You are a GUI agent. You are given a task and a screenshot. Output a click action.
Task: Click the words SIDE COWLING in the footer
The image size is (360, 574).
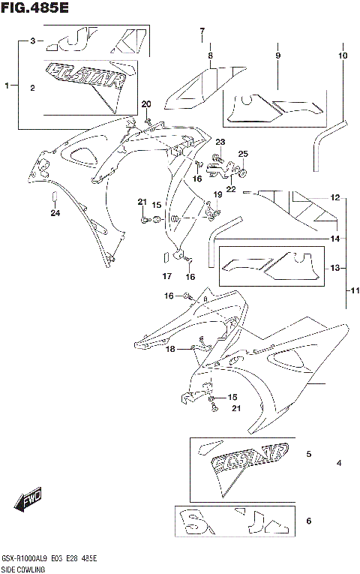click(23, 569)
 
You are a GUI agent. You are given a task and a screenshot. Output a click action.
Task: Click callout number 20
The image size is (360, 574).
click(146, 104)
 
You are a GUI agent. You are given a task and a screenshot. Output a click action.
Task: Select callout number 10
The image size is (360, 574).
click(343, 56)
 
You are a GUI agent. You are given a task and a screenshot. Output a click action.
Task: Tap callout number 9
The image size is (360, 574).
click(277, 56)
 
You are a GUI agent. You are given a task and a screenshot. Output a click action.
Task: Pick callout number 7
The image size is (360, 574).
click(202, 31)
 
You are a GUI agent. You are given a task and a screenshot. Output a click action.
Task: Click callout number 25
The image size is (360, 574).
click(243, 154)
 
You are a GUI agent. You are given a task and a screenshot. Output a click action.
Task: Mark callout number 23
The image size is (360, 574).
click(220, 142)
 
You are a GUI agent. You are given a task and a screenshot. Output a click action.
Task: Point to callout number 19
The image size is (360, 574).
click(217, 195)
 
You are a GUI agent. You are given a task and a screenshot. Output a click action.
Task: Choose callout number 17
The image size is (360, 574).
click(167, 276)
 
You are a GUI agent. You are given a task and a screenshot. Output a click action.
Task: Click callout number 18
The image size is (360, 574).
click(170, 349)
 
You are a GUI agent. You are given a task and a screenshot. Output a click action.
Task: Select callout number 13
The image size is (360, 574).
click(335, 268)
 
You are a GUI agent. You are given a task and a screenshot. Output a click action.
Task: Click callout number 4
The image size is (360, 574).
click(339, 463)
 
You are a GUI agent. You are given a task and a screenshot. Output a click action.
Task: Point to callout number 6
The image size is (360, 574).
click(308, 520)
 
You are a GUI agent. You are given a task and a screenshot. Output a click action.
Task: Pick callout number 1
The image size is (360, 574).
click(7, 86)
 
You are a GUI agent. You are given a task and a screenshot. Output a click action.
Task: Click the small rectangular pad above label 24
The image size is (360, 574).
click(54, 198)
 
